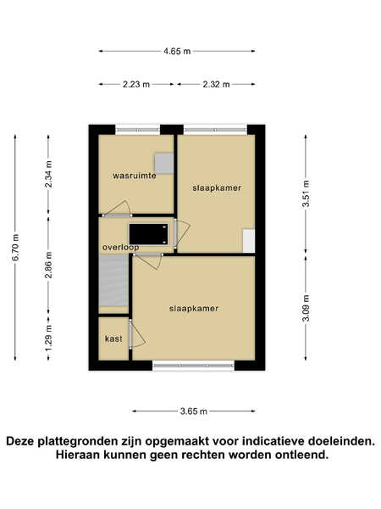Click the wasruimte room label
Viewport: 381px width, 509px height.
tap(135, 176)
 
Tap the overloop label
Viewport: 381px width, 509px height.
tap(120, 248)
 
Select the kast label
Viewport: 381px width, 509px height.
tap(113, 338)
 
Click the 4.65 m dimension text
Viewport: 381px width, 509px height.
tap(177, 51)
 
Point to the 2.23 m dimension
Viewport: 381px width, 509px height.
tap(136, 84)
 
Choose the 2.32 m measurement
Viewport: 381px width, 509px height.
tap(216, 84)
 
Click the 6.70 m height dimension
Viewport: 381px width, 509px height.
tap(15, 247)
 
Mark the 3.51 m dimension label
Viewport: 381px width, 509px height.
tap(306, 193)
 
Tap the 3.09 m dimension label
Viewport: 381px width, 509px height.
tap(306, 308)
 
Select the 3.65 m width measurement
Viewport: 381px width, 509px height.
tap(193, 411)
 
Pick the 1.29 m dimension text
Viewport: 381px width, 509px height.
tap(48, 338)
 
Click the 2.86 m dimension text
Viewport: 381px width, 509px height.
tap(48, 265)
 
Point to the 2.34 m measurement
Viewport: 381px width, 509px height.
tap(48, 174)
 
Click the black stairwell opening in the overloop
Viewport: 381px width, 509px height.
tap(149, 234)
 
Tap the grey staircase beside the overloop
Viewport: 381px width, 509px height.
tap(113, 281)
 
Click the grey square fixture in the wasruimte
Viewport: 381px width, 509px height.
tap(164, 163)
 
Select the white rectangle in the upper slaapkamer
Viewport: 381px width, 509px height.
tap(249, 241)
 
